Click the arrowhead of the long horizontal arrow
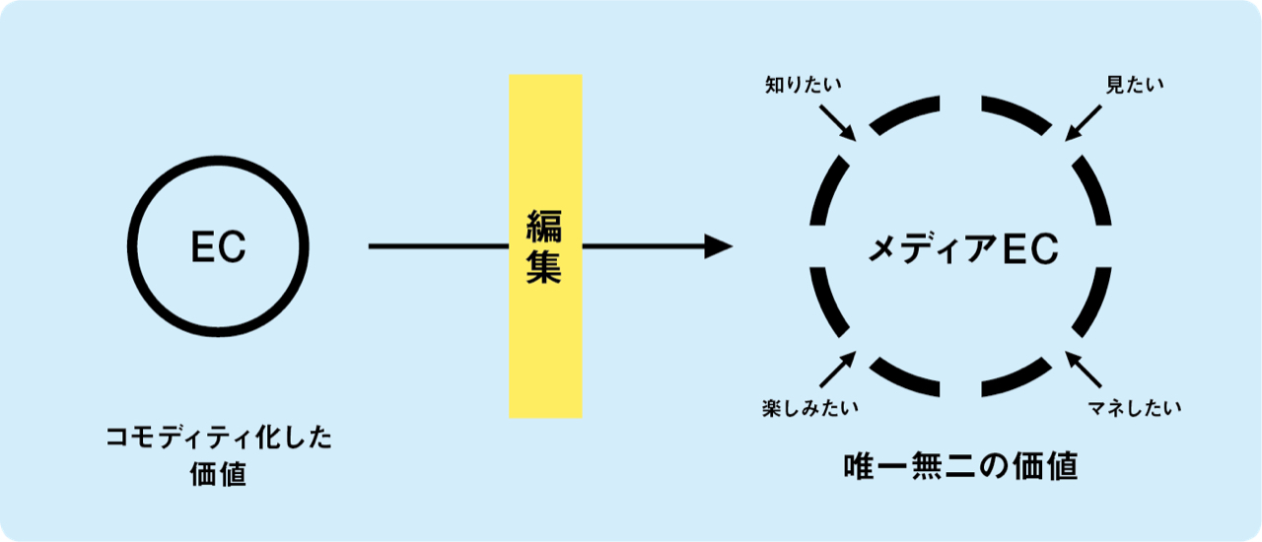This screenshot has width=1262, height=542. pyautogui.click(x=719, y=246)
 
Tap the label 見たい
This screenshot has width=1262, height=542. pyautogui.click(x=1134, y=86)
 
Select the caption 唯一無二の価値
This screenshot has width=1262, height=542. pyautogui.click(x=960, y=466)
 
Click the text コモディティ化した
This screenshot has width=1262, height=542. pyautogui.click(x=219, y=438)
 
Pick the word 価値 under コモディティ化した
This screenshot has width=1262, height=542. pyautogui.click(x=218, y=475)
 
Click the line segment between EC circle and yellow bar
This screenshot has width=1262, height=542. pyautogui.click(x=439, y=246)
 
